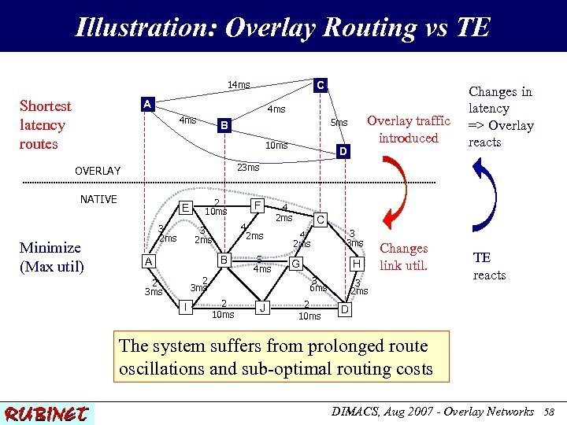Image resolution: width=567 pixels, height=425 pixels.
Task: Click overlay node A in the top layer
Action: click(146, 103)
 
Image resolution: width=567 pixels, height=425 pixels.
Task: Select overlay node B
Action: click(224, 124)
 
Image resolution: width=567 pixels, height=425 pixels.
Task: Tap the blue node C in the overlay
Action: click(320, 83)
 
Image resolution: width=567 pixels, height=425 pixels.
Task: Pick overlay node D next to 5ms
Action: click(342, 150)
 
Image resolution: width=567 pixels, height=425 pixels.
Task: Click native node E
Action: click(185, 208)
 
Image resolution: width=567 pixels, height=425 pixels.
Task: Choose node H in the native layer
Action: click(357, 263)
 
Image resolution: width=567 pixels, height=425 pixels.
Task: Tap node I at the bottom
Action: click(184, 305)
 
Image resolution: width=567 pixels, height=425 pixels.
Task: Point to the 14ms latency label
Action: click(239, 85)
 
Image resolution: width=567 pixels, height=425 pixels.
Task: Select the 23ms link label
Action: click(248, 167)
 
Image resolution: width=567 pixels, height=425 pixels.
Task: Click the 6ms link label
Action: click(317, 288)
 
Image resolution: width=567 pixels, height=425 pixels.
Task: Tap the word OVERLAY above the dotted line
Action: click(98, 171)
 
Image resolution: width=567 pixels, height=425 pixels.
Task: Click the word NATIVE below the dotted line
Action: click(98, 199)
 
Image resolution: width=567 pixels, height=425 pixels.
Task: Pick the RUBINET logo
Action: click(46, 413)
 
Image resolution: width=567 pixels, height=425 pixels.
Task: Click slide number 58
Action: click(548, 412)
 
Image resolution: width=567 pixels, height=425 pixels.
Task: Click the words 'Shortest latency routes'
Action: click(45, 125)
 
